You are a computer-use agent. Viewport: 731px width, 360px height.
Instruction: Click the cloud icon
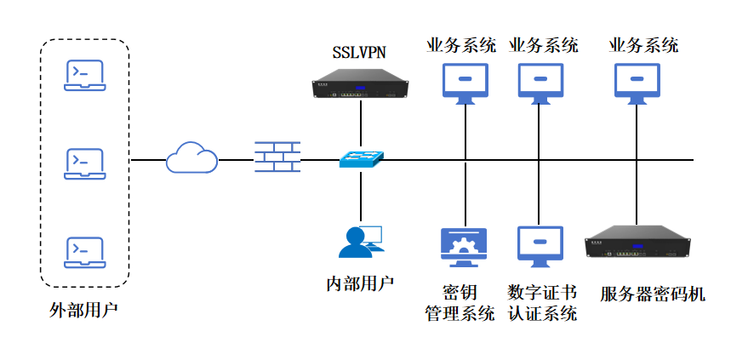pyautogui.click(x=191, y=157)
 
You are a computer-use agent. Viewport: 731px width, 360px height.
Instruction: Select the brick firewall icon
pyautogui.click(x=277, y=157)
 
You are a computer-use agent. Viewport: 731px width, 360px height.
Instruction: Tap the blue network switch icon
pyautogui.click(x=361, y=159)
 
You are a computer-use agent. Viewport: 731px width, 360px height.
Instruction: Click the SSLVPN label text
pyautogui.click(x=359, y=53)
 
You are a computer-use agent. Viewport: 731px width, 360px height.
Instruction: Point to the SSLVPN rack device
pyautogui.click(x=360, y=86)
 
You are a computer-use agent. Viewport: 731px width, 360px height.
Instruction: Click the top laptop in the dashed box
pyautogui.click(x=85, y=75)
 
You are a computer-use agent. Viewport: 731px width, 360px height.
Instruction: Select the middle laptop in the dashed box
pyautogui.click(x=85, y=163)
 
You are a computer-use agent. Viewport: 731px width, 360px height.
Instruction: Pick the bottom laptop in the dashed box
pyautogui.click(x=85, y=253)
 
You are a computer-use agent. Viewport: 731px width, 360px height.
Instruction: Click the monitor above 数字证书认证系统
pyautogui.click(x=540, y=244)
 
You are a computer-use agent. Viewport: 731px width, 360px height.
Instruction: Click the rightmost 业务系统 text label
pyautogui.click(x=643, y=46)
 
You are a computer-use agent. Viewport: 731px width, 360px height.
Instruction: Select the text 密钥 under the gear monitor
pyautogui.click(x=460, y=293)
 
